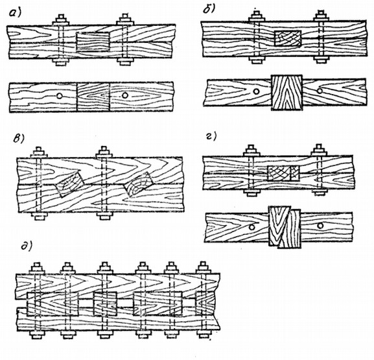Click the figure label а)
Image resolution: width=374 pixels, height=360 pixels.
tap(15, 12)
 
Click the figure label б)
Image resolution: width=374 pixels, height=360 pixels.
tap(209, 8)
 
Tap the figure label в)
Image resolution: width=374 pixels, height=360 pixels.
tap(19, 138)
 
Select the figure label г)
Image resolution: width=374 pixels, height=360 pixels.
tap(211, 136)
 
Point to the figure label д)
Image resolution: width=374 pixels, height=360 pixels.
tap(26, 246)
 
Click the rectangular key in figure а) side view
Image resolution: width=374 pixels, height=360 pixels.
tap(93, 42)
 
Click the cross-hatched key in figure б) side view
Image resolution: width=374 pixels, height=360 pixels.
tap(288, 38)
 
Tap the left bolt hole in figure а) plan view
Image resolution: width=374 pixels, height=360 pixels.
tap(60, 96)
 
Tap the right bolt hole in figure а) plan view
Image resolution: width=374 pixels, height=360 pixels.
tap(124, 95)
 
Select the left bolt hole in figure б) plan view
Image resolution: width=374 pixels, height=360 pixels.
tap(257, 91)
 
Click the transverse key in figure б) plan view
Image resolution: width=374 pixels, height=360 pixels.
tap(287, 92)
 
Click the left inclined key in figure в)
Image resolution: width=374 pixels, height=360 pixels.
tap(69, 184)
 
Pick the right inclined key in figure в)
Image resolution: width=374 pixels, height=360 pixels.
tap(137, 184)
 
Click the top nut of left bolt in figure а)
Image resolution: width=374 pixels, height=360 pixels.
tap(61, 19)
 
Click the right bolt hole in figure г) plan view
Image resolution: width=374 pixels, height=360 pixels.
tap(321, 225)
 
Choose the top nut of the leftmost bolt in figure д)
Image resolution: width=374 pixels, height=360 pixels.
tap(37, 268)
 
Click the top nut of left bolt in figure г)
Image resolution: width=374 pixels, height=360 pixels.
tap(251, 150)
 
